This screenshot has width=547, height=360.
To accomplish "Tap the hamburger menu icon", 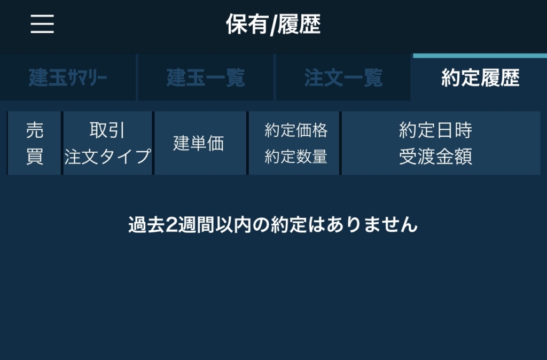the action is pyautogui.click(x=42, y=24).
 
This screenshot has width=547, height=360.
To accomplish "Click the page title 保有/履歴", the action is pyautogui.click(x=273, y=25).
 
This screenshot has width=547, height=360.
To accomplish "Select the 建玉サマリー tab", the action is pyautogui.click(x=68, y=77).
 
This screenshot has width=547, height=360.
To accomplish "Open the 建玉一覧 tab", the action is pyautogui.click(x=206, y=77).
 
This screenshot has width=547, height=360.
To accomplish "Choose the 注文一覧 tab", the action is pyautogui.click(x=343, y=77).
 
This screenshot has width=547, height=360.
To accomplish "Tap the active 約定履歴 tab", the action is pyautogui.click(x=480, y=77).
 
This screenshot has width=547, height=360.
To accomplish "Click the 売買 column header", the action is pyautogui.click(x=35, y=143).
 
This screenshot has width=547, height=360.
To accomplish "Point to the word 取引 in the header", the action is pyautogui.click(x=107, y=130).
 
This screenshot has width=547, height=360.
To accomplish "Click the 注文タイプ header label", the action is pyautogui.click(x=107, y=156).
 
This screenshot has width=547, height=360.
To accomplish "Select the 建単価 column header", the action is pyautogui.click(x=199, y=143).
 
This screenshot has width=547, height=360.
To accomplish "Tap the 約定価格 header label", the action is pyautogui.click(x=296, y=130).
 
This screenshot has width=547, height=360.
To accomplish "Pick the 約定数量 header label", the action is pyautogui.click(x=296, y=156).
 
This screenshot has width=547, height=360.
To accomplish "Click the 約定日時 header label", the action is pyautogui.click(x=435, y=130).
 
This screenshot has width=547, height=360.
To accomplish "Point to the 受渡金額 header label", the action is pyautogui.click(x=435, y=156).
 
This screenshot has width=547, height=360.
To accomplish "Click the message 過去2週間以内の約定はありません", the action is pyautogui.click(x=273, y=225).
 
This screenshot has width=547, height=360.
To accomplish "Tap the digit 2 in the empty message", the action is pyautogui.click(x=171, y=225).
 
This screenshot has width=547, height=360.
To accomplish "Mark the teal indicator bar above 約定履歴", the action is pyautogui.click(x=480, y=56).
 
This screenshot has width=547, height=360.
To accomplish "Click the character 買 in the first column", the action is pyautogui.click(x=35, y=156).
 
